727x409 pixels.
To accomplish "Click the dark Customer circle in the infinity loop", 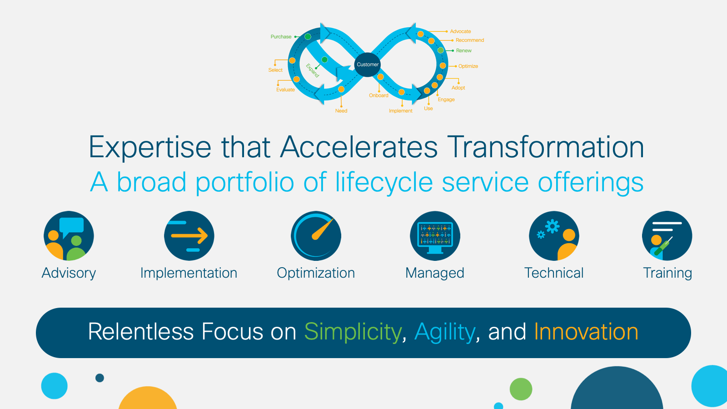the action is click(x=368, y=65).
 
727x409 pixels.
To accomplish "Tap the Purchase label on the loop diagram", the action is click(x=281, y=37).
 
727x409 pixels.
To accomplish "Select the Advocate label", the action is click(x=460, y=31).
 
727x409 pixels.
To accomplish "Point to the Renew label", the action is click(x=463, y=50).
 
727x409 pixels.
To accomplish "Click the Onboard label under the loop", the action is click(x=378, y=95).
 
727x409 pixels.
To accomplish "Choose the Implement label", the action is click(x=400, y=111).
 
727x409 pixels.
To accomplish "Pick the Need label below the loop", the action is click(x=341, y=111).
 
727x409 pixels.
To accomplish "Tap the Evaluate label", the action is click(x=285, y=90).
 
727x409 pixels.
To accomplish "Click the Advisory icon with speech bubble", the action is click(x=69, y=236).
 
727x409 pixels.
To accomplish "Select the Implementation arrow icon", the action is click(x=189, y=236).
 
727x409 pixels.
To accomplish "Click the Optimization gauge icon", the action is click(x=316, y=236).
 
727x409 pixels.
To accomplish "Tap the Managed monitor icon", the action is click(x=435, y=236).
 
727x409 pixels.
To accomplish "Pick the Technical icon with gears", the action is click(x=554, y=236).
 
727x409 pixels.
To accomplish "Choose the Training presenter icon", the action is click(x=667, y=236).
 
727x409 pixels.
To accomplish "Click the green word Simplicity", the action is click(x=353, y=332).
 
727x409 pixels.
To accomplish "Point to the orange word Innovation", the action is click(x=586, y=332).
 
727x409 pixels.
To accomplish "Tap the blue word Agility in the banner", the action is click(x=445, y=332).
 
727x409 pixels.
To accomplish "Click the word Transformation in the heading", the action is click(x=545, y=147).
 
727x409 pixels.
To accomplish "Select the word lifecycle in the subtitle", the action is click(x=384, y=182).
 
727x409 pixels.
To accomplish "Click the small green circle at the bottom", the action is click(x=521, y=389).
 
